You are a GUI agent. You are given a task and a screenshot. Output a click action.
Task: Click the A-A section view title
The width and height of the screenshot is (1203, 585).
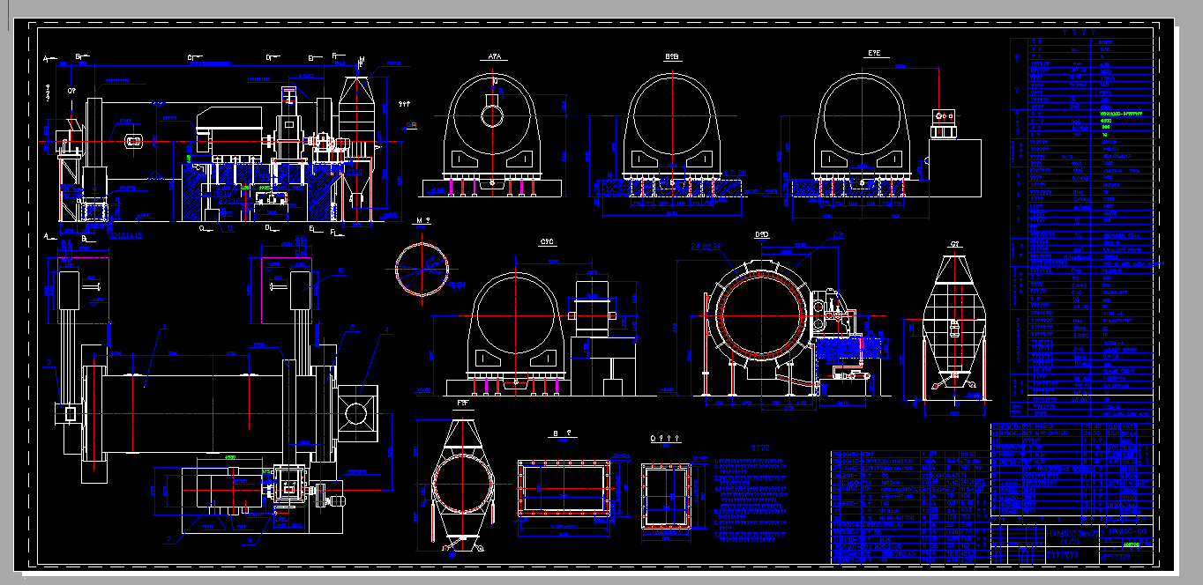pyautogui.click(x=495, y=56)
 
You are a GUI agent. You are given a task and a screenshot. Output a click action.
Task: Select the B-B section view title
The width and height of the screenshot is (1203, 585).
pyautogui.click(x=672, y=56)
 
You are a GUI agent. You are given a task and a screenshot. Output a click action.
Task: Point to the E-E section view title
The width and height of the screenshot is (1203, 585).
pyautogui.click(x=874, y=55)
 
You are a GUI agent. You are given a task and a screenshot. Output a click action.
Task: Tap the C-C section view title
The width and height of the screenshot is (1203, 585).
pyautogui.click(x=546, y=241)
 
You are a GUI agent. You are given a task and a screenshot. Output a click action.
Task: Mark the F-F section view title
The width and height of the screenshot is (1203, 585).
pyautogui.click(x=462, y=403)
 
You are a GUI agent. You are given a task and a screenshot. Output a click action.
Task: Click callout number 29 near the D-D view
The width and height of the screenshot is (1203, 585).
pyautogui.click(x=838, y=235)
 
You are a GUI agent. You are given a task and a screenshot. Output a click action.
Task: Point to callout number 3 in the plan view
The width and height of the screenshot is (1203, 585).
pyautogui.click(x=161, y=327)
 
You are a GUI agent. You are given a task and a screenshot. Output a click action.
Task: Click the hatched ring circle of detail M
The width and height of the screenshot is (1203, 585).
pyautogui.click(x=422, y=269)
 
